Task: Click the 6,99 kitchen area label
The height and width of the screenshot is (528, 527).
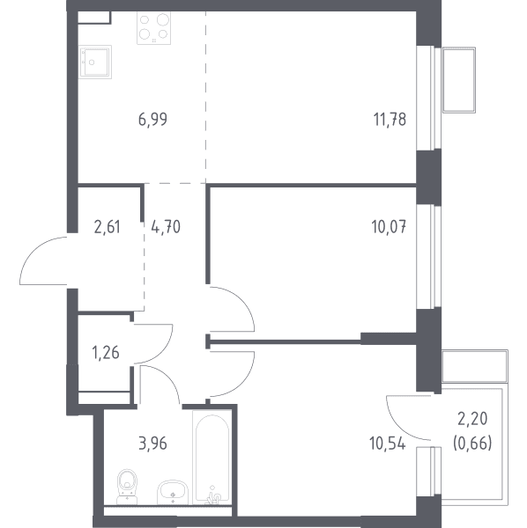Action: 152,120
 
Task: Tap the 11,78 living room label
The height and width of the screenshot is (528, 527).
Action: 390,120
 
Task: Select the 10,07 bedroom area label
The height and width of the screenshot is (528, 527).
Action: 389,227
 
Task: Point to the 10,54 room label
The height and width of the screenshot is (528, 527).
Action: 388,444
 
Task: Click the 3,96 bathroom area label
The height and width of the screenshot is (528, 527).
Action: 152,444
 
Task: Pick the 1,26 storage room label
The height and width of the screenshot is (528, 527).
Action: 106,353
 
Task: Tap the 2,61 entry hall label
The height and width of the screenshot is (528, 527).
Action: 107,227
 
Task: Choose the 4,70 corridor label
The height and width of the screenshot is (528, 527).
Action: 166,227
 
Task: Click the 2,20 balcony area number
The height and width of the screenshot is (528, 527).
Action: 472,419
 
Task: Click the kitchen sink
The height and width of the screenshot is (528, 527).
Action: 95,62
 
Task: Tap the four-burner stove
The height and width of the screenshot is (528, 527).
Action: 153,27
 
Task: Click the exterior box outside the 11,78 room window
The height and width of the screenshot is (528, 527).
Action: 459,80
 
